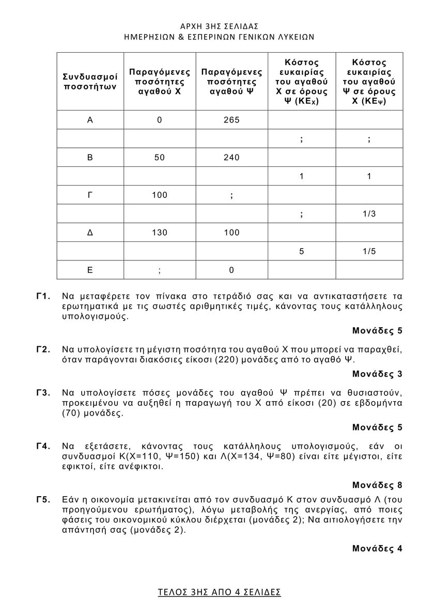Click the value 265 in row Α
[231, 120]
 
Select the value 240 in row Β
[231, 158]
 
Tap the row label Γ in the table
[90, 195]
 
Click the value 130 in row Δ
[160, 233]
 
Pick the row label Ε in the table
[90, 270]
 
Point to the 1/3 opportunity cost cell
[369, 213]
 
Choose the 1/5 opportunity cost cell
[369, 251]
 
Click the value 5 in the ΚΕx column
[301, 251]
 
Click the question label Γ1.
[43, 296]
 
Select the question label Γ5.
[43, 499]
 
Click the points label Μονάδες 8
[377, 485]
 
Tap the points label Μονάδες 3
[377, 373]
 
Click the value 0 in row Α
[160, 120]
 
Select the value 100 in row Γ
[160, 195]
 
